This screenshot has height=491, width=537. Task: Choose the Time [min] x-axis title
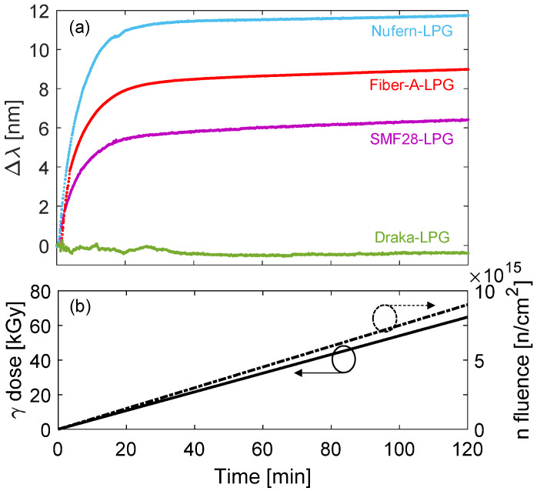[262, 476]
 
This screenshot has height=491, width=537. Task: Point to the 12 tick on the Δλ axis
[40, 11]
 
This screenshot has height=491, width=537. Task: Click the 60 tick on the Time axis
[263, 446]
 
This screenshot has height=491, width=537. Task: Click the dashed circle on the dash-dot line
[384, 317]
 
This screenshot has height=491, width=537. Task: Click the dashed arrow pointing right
[416, 306]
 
